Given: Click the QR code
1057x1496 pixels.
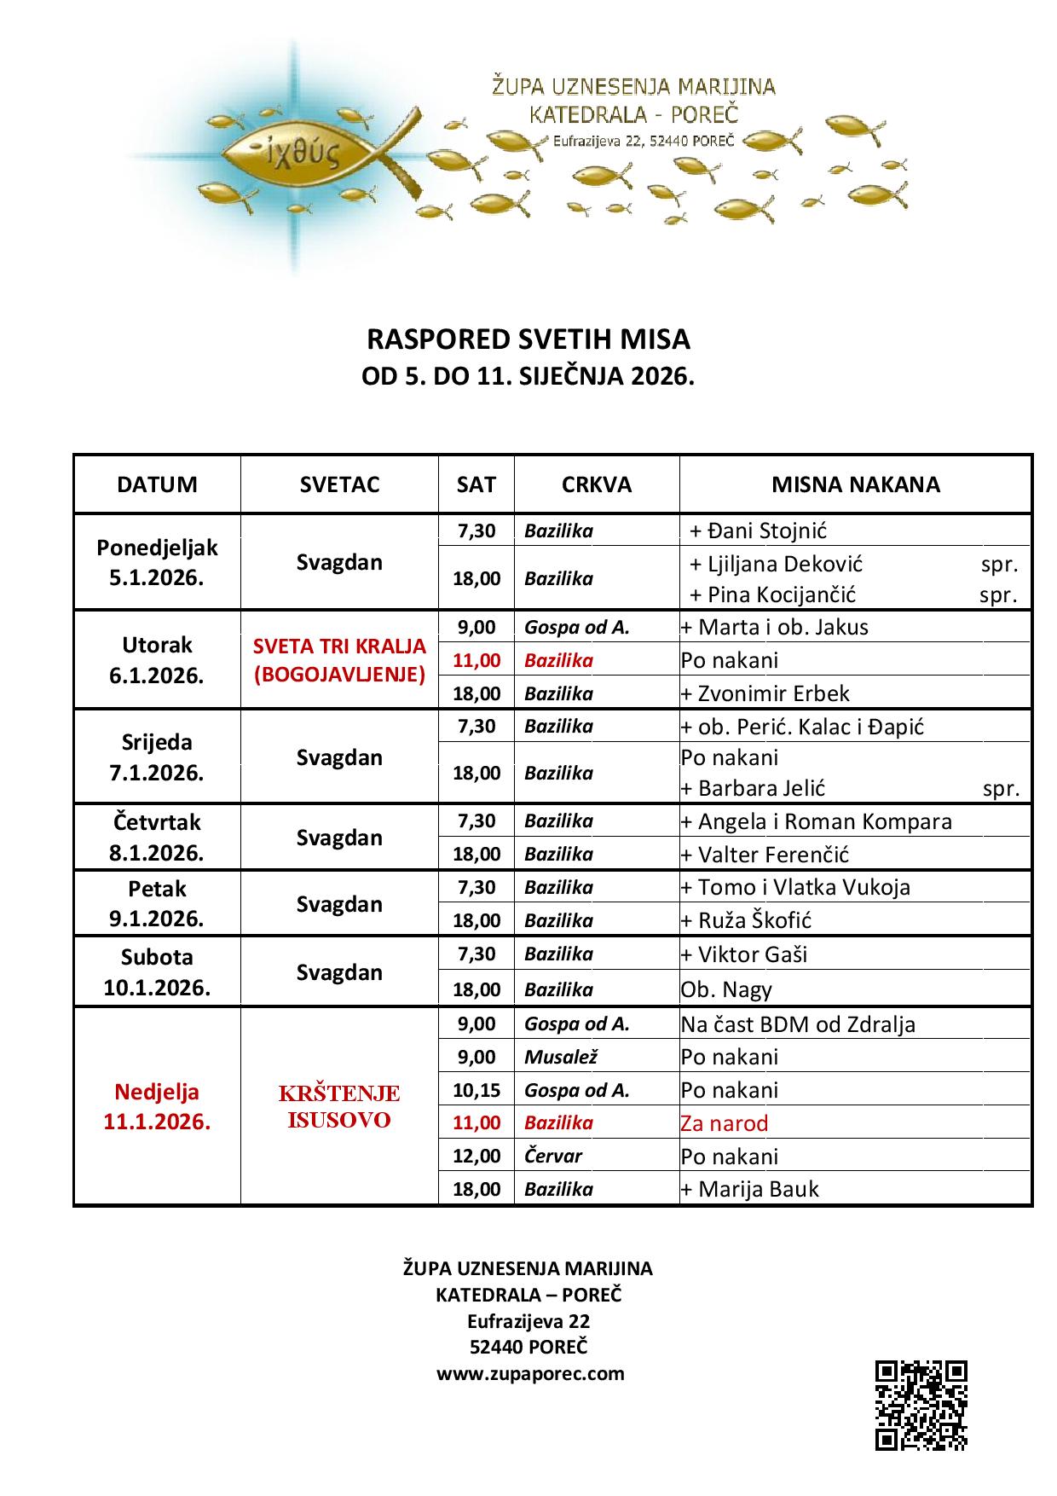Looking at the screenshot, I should coord(921,1406).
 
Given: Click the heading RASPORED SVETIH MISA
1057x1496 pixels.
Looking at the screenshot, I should coord(528,339).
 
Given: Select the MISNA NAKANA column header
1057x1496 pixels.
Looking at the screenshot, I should coord(855,484).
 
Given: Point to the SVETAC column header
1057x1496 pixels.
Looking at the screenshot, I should coord(339,484).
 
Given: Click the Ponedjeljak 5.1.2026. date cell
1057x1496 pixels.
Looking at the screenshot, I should coord(157,562).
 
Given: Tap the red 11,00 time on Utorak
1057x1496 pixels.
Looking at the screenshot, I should coord(477,660).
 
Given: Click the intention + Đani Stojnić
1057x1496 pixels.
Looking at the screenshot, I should coord(758,531).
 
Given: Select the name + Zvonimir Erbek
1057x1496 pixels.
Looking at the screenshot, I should coord(765,693).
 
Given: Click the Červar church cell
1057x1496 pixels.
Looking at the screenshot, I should coord(553,1156).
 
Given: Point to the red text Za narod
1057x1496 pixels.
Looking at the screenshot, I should coord(725,1123).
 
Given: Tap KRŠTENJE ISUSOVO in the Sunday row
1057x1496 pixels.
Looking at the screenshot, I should coord(339,1106).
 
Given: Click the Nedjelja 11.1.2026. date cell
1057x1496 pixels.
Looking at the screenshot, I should coord(157,1106).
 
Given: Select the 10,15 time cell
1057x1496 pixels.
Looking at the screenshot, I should coord(477,1090).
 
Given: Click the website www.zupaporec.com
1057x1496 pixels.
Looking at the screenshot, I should coord(530,1373).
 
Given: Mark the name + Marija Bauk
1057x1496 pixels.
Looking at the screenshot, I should coord(749,1189).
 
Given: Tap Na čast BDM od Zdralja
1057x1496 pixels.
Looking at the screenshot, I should coord(798,1023).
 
